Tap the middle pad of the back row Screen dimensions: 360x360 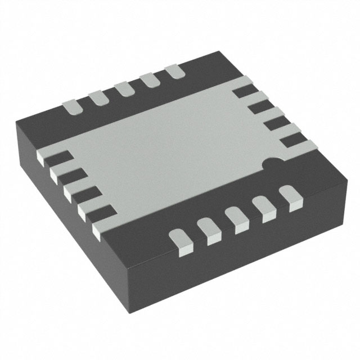(124, 89)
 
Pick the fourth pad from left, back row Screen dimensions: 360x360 (149, 80)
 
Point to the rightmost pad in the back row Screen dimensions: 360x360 (174, 72)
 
